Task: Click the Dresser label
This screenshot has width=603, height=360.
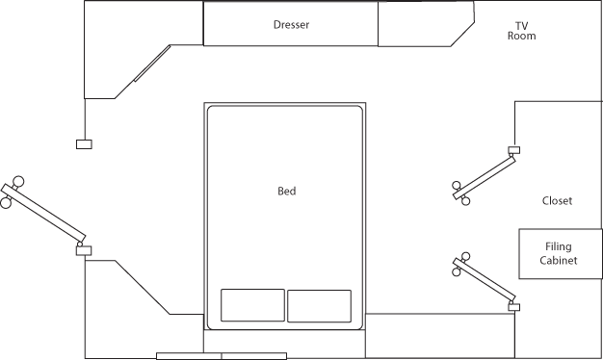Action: click(291, 26)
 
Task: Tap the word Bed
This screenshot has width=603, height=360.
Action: click(286, 192)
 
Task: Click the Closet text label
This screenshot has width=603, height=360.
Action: click(557, 201)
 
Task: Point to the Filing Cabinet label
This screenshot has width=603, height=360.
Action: click(559, 254)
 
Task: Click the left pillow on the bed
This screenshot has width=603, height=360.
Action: click(252, 305)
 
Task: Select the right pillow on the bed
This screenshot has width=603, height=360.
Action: click(319, 305)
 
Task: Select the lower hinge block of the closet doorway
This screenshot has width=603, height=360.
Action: click(514, 306)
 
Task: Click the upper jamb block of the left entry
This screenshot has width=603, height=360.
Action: click(84, 144)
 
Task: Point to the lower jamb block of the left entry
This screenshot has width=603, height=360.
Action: click(84, 250)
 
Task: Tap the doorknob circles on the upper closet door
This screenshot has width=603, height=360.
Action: click(463, 193)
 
